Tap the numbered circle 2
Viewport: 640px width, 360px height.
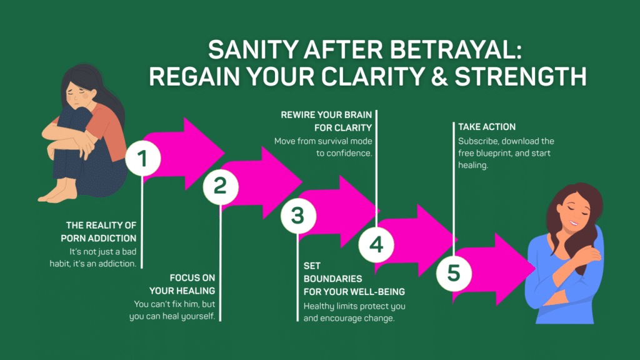click(x=220, y=186)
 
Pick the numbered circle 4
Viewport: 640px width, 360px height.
click(x=376, y=244)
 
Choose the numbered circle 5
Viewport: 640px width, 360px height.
click(x=453, y=273)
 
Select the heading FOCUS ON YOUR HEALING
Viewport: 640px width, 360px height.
click(x=182, y=284)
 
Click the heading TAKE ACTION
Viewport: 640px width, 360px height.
click(x=482, y=127)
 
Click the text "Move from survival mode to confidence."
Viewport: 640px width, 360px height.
click(x=324, y=147)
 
